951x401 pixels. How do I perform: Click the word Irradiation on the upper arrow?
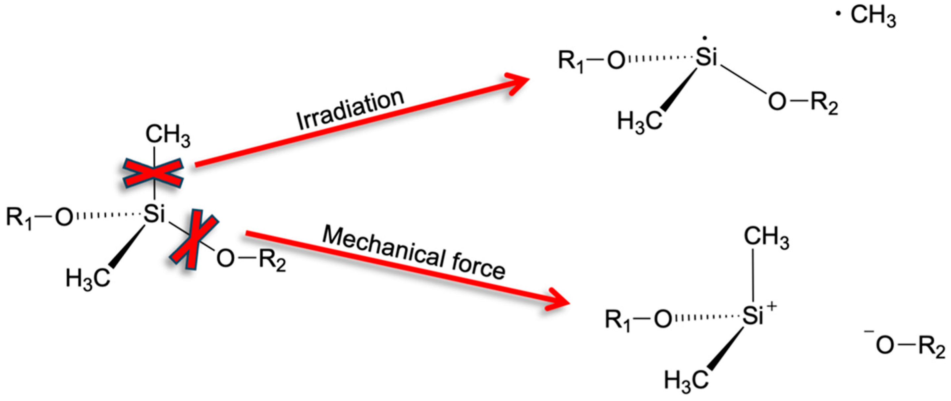tap(351, 110)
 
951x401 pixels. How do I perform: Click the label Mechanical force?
tap(414, 253)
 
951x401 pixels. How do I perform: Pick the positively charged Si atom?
tap(753, 317)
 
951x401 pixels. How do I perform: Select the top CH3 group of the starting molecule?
tap(168, 135)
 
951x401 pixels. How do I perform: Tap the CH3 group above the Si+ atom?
tap(766, 237)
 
